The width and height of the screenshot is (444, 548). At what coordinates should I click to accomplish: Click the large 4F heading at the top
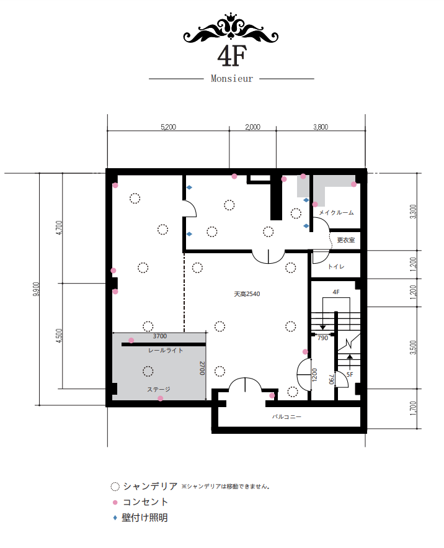click(x=232, y=56)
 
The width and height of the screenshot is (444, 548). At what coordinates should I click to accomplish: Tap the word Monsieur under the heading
click(x=231, y=79)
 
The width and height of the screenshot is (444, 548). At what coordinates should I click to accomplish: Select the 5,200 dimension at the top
click(x=169, y=127)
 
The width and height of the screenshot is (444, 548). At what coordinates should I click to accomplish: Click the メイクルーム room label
click(x=336, y=212)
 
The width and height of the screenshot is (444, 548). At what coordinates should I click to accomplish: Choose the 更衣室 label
click(x=346, y=240)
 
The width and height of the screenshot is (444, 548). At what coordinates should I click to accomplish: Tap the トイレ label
click(x=336, y=267)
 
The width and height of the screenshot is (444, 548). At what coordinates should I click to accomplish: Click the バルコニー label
click(x=286, y=416)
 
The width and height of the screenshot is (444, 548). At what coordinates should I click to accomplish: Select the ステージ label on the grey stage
click(x=159, y=389)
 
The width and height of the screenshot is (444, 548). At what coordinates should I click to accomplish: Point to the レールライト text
click(x=166, y=350)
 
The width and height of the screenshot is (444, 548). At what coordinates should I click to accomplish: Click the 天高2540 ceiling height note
click(x=247, y=294)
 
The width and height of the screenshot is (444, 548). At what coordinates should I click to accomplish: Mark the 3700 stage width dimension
click(x=159, y=336)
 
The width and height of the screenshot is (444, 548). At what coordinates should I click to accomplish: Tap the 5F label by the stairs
click(x=350, y=374)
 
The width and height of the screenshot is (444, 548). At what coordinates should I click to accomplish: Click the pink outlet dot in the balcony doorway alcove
click(x=272, y=395)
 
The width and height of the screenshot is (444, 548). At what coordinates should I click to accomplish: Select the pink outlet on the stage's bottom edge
click(x=161, y=398)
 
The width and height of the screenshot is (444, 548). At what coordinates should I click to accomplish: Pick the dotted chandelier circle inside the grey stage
click(x=148, y=371)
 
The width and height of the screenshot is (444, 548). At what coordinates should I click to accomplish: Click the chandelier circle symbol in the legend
click(x=115, y=487)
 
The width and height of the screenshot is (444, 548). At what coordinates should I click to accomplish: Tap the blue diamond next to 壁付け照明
click(x=115, y=518)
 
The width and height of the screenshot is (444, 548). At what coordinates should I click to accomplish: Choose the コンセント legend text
click(x=146, y=502)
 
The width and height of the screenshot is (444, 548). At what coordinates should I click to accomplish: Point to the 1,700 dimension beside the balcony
click(x=413, y=408)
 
